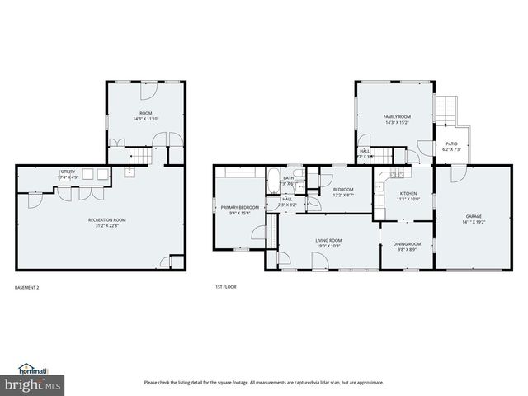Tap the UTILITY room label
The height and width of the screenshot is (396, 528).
(x=68, y=174)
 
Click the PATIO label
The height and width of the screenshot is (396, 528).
(x=451, y=146)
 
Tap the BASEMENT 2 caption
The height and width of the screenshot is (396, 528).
(x=27, y=288)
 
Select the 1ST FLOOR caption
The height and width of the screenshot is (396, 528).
(x=225, y=288)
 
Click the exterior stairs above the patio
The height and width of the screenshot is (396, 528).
(x=445, y=108)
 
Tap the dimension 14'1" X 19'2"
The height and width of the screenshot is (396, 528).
(x=474, y=222)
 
